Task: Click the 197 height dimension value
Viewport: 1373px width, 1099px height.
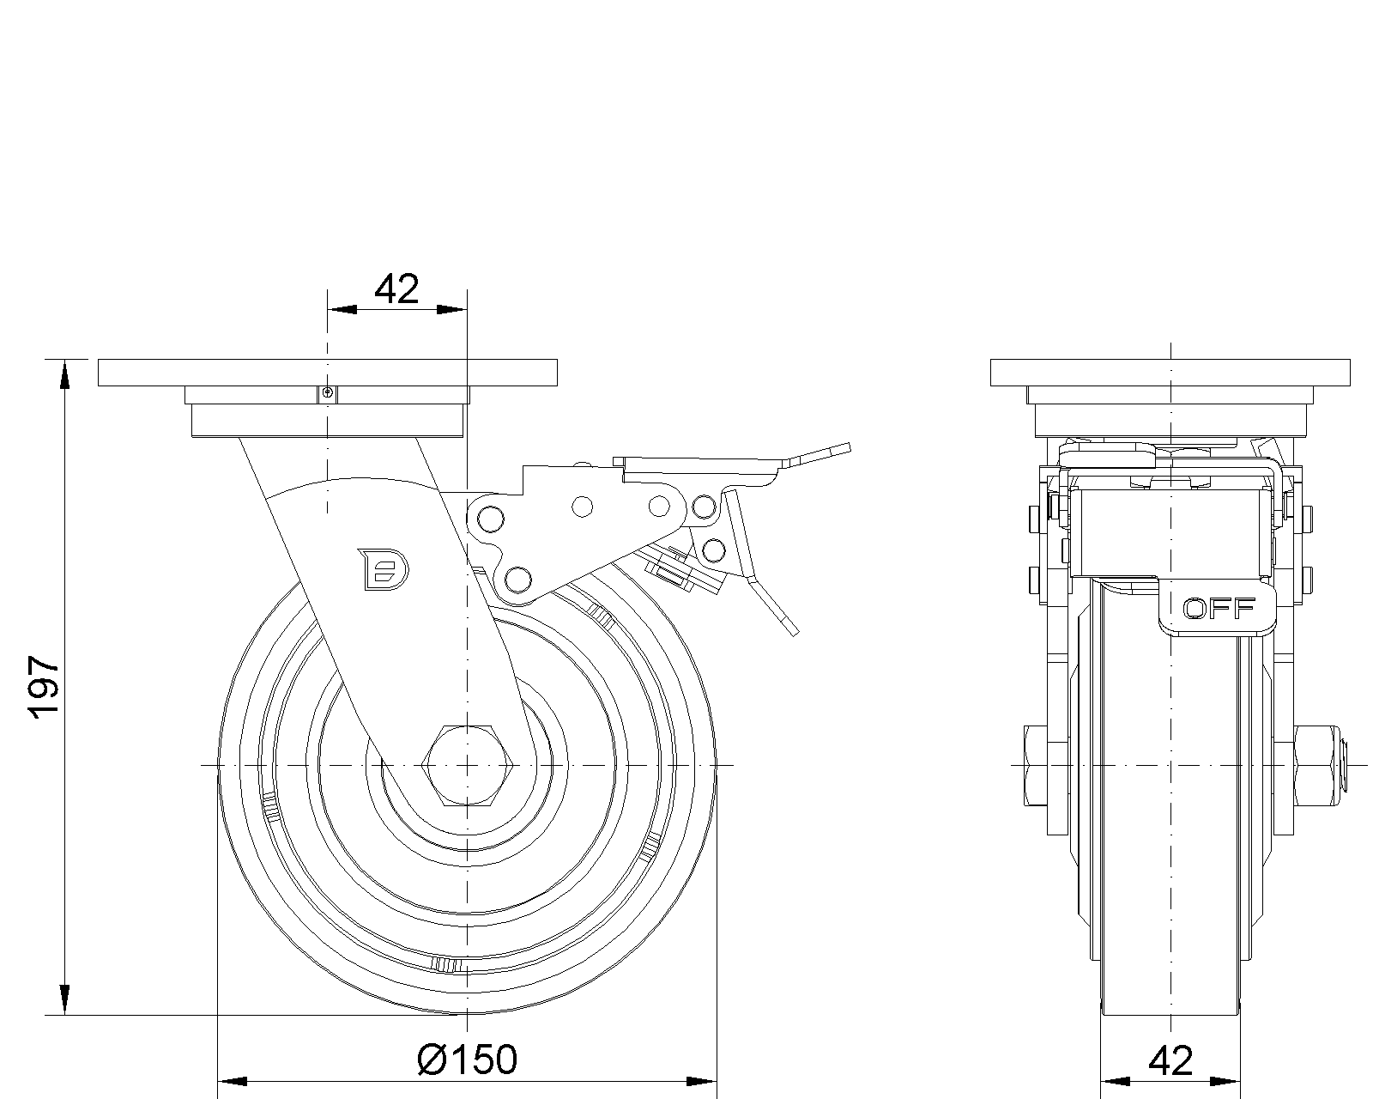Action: (45, 687)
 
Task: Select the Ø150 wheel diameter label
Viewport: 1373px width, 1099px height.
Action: (467, 1060)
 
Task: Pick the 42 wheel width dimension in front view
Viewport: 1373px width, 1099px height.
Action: (1170, 1061)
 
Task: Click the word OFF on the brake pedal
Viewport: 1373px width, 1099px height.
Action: (1219, 610)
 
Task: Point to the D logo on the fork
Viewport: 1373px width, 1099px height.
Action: (383, 569)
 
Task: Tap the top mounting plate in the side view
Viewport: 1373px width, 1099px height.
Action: (327, 373)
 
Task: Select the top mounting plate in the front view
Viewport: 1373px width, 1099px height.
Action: (1170, 373)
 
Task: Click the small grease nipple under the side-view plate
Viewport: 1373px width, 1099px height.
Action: (327, 393)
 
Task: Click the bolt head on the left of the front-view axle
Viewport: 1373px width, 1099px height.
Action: (1036, 766)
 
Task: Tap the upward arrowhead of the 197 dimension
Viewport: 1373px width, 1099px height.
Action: (64, 374)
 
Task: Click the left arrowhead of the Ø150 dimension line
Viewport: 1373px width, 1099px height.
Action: (233, 1081)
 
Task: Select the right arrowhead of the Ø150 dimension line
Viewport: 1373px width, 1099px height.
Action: (702, 1081)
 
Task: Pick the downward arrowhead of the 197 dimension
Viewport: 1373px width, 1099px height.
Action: (64, 1000)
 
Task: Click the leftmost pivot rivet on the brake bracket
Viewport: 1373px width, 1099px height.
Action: (490, 519)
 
